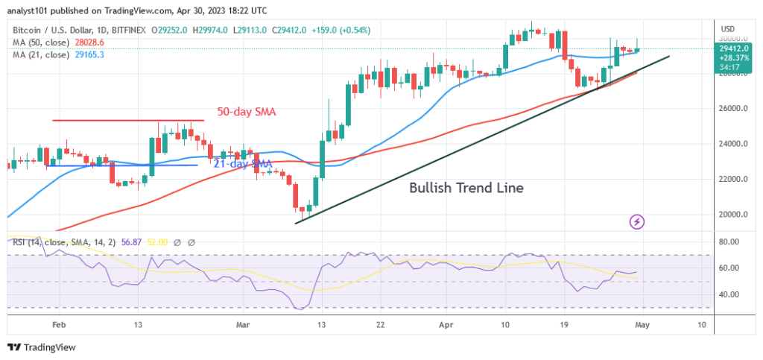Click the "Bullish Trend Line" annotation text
point(466,189)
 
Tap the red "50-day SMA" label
point(247,112)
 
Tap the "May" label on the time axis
point(642,326)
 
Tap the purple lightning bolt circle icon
point(636,221)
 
